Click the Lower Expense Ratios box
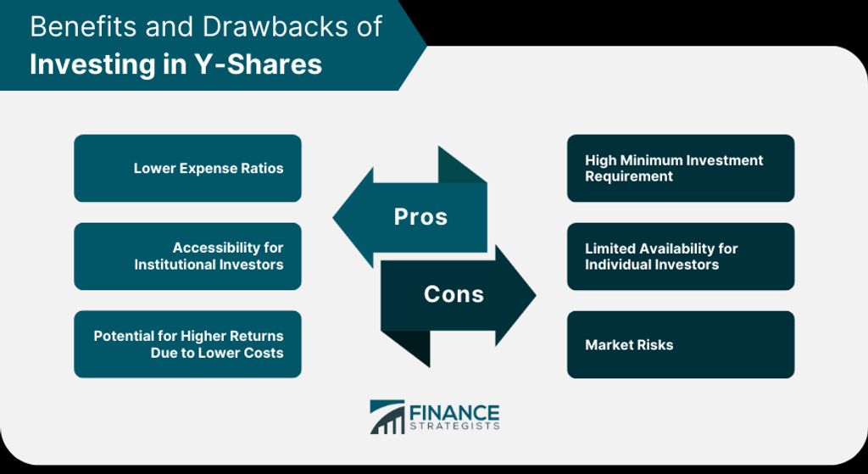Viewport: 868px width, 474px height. (x=187, y=169)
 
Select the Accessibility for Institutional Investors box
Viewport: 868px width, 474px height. (x=187, y=256)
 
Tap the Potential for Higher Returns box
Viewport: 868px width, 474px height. (x=187, y=344)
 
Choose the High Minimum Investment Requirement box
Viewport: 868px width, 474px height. (x=681, y=169)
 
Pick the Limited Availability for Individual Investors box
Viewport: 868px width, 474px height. (x=681, y=256)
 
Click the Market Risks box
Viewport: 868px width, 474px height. (x=681, y=344)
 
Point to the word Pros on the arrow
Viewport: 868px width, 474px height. (x=420, y=216)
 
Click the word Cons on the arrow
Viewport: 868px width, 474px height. (x=454, y=294)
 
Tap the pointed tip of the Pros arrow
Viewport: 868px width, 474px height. (x=333, y=217)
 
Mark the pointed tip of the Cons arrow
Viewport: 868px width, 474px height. (x=536, y=295)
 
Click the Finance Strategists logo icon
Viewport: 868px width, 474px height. (x=387, y=417)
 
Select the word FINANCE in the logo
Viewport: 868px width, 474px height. (x=454, y=413)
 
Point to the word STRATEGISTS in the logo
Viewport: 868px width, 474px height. (x=454, y=427)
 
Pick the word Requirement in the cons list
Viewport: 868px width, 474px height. (x=629, y=176)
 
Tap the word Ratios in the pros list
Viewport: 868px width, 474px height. (x=264, y=169)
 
